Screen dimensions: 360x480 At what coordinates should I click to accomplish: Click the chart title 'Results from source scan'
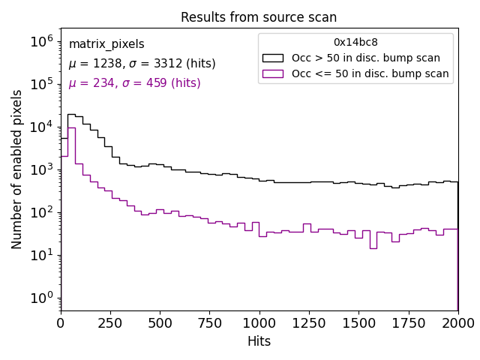point(259,17)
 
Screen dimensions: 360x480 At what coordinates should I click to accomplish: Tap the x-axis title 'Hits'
point(259,341)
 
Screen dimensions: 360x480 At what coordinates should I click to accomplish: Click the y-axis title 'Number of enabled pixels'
point(17,169)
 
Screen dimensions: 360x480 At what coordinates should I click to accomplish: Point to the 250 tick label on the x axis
point(160,322)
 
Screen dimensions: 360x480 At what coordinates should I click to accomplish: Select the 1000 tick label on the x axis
point(259,322)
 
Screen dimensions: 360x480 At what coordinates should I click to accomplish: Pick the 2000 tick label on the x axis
point(457,322)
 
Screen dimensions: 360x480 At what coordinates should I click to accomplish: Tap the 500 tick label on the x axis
point(160,322)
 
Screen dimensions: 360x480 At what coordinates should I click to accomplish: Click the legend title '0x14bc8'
point(355,43)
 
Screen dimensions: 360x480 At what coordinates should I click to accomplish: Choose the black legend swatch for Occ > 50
point(274,58)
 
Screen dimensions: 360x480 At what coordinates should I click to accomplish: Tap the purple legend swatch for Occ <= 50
point(274,73)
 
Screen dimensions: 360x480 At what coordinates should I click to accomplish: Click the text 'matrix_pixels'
point(106,44)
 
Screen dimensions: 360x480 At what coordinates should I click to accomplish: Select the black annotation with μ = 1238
point(142,64)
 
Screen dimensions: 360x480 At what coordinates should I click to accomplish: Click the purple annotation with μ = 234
point(134,83)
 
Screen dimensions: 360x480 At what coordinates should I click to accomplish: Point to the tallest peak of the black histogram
point(71,115)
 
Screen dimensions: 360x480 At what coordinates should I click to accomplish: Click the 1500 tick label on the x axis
point(358,322)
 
